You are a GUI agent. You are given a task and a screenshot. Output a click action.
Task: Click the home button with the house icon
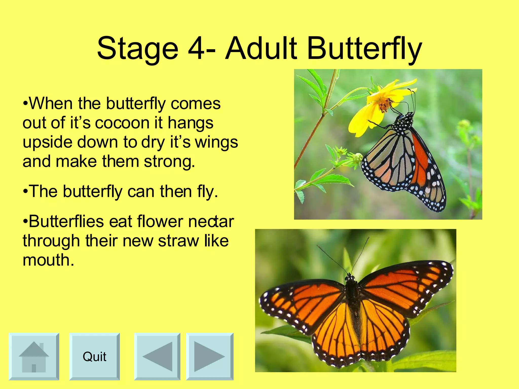pyautogui.click(x=34, y=357)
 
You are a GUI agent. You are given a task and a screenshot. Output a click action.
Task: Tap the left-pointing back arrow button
pyautogui.click(x=157, y=357)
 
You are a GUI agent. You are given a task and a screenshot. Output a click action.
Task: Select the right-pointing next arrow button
pyautogui.click(x=210, y=357)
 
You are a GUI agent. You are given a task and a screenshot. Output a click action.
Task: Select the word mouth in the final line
pyautogui.click(x=48, y=260)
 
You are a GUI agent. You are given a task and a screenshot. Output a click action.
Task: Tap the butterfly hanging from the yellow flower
pyautogui.click(x=405, y=162)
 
